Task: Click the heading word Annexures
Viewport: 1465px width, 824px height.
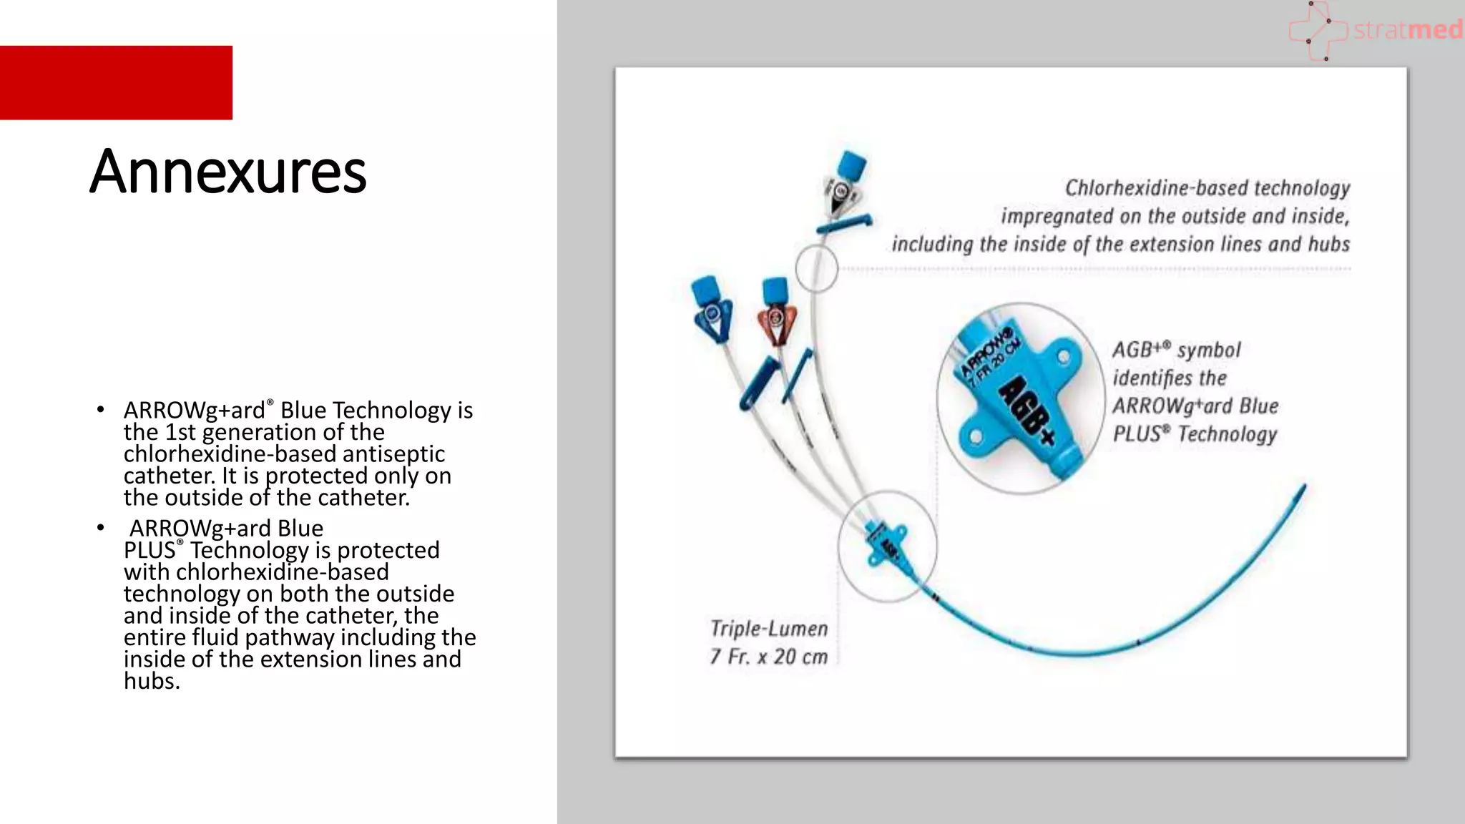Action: click(x=227, y=172)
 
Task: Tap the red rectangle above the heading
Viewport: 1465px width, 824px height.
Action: click(x=116, y=83)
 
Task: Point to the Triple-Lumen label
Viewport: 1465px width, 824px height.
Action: click(x=769, y=629)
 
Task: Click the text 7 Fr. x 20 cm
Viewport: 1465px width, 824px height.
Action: click(x=769, y=657)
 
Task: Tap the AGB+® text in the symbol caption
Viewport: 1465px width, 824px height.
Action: click(x=1142, y=350)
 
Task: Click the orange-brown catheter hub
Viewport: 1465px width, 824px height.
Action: click(x=775, y=318)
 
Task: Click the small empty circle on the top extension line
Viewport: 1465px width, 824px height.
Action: click(x=816, y=268)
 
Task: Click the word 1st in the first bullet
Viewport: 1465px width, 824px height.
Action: click(x=181, y=433)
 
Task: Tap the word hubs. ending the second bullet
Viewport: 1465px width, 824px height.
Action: click(x=152, y=682)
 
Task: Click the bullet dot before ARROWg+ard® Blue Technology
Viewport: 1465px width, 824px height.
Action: click(x=101, y=411)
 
